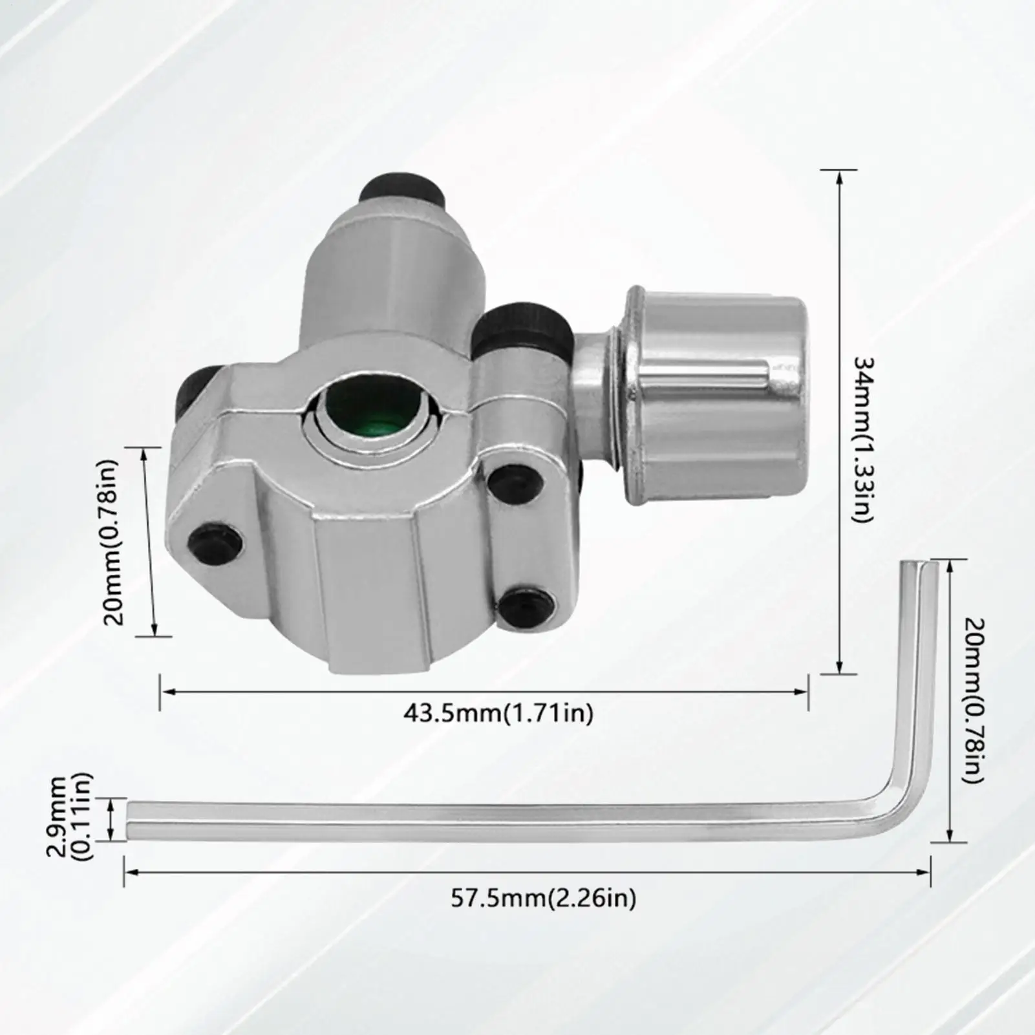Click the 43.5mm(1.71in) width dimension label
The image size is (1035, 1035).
pyautogui.click(x=498, y=713)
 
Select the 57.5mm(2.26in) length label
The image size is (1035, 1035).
pyautogui.click(x=544, y=899)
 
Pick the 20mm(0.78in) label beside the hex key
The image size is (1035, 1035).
pyautogui.click(x=974, y=701)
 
